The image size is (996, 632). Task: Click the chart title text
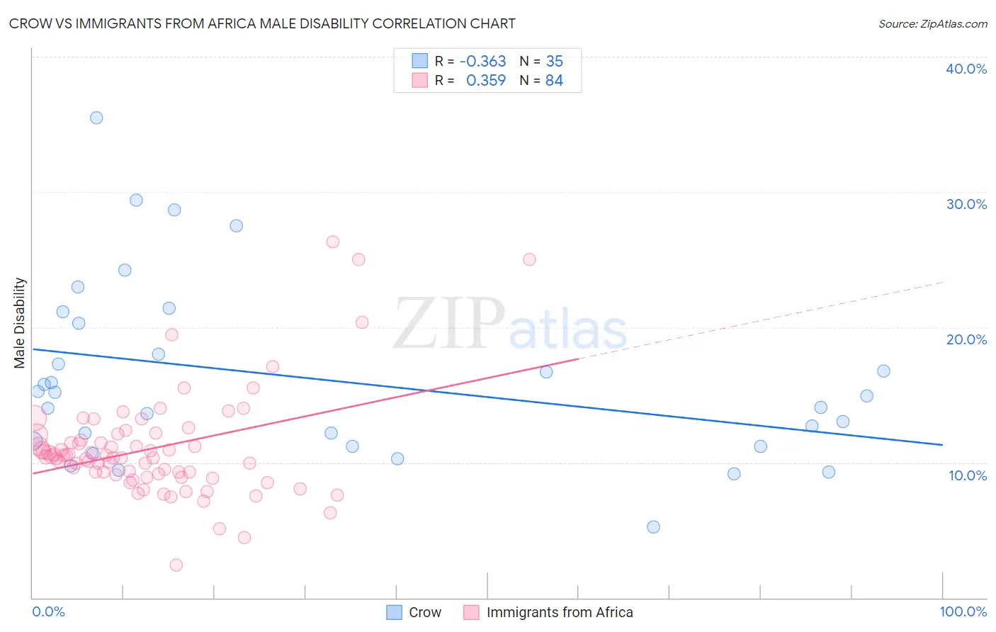coord(262,23)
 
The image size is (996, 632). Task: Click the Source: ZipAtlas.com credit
coord(932,23)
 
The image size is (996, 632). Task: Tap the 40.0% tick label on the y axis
coord(966,69)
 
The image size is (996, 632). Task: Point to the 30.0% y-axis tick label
coord(966,204)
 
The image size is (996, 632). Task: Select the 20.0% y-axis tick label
coord(966,339)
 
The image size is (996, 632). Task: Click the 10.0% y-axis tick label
coord(968,475)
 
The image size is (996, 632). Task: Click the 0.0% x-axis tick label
coord(48,611)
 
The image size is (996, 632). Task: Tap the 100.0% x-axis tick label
coord(963,611)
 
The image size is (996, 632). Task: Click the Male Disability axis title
coord(20,322)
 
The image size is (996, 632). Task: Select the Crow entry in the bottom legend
coord(424,612)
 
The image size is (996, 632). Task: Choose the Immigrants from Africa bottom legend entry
coord(559,612)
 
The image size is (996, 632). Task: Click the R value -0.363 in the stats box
coord(482,61)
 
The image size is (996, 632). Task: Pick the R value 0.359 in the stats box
coord(486,81)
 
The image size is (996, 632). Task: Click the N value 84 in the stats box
coord(554,81)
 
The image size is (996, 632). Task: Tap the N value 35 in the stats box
coord(554,61)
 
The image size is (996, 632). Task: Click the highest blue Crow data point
coord(96,118)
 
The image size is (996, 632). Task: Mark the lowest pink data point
coord(176,565)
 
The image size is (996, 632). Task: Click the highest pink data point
coord(333,242)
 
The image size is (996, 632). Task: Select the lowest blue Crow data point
coord(653,526)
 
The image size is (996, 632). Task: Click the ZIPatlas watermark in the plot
coord(510,325)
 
